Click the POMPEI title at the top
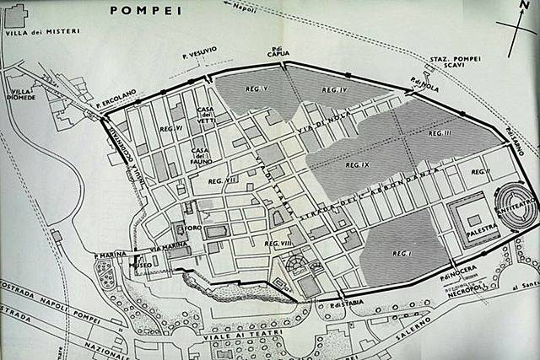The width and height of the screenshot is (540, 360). tap(138, 10)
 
